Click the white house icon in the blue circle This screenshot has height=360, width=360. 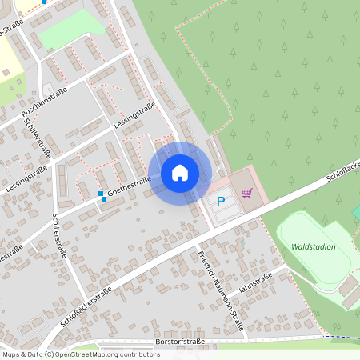pos(180,172)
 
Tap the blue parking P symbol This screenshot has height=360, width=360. pos(221,202)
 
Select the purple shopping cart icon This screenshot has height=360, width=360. pos(246,192)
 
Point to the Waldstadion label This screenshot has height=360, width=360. pos(314,247)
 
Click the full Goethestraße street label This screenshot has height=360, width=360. pos(130,190)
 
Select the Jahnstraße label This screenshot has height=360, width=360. pos(256,282)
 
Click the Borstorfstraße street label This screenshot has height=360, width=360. pos(179,342)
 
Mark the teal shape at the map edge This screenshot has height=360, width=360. pos(356,210)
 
